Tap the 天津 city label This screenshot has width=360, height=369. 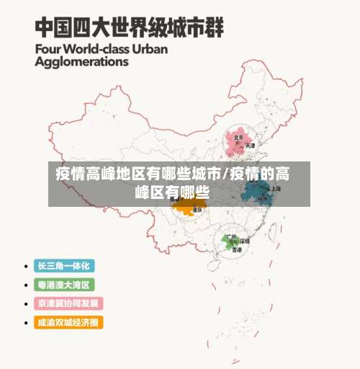250,146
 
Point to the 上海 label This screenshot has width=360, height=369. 276,188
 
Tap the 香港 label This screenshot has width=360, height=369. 235,249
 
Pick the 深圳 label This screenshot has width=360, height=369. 245,241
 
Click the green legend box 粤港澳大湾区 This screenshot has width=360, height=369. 66,285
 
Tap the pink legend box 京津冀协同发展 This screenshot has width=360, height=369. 68,303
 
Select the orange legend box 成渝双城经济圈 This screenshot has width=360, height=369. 68,322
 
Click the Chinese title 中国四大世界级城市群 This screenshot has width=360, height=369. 130,28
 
